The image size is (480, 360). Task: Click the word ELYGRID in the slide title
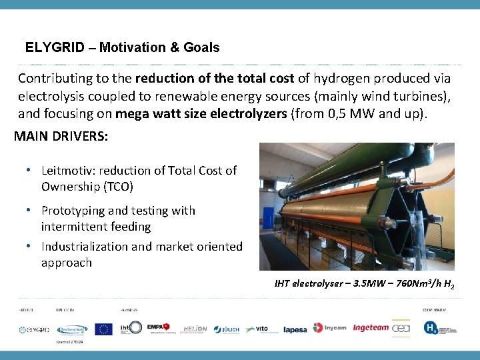55,47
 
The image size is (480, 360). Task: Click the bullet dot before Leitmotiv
31,169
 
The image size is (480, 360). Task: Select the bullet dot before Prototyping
31,210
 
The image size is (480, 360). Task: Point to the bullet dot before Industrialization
31,246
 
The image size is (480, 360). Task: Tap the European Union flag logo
103,328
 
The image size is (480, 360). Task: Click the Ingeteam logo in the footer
371,328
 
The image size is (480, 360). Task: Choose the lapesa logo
295,329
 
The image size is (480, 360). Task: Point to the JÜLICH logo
228,329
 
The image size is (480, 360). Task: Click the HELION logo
194,329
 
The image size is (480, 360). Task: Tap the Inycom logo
330,328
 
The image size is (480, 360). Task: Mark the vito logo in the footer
257,329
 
